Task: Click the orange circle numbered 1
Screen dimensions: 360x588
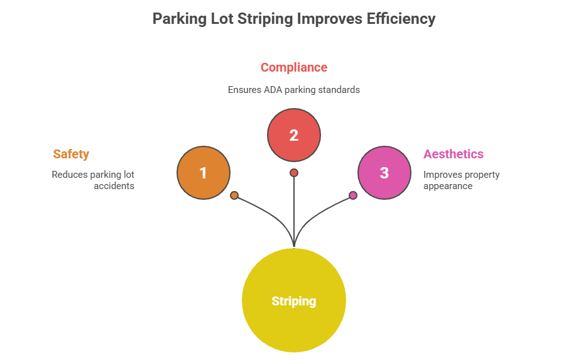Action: tap(204, 173)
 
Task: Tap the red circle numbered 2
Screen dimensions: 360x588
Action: tap(294, 135)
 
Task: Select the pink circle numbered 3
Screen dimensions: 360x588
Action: tap(384, 173)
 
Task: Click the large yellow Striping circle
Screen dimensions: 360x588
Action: tap(294, 301)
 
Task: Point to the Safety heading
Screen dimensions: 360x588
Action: tap(71, 154)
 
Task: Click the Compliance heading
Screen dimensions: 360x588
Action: tap(294, 67)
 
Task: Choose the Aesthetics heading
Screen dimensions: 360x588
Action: tap(454, 154)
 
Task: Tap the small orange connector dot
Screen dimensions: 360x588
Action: tap(234, 195)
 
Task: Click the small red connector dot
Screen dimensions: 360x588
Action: tap(294, 173)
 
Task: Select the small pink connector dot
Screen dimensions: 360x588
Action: tap(353, 195)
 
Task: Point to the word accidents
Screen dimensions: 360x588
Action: tap(114, 186)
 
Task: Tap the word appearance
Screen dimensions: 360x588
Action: tap(448, 186)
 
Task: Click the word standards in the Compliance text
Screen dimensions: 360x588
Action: tap(339, 90)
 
